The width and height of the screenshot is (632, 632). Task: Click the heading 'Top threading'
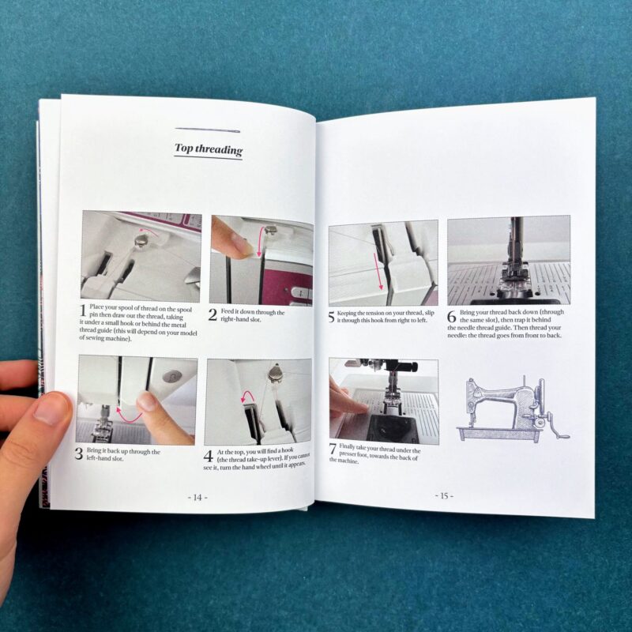(x=209, y=149)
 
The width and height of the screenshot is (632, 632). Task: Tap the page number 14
(x=197, y=498)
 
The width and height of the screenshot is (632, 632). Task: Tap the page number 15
(x=444, y=496)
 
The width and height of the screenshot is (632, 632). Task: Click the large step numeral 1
(x=83, y=310)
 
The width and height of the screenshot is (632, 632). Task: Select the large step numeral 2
(x=213, y=315)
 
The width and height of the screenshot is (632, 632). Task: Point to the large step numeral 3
(x=79, y=453)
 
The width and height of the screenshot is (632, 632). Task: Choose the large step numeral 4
(x=208, y=457)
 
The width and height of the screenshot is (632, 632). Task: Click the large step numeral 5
(x=331, y=318)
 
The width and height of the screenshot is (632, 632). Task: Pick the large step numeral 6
(x=452, y=318)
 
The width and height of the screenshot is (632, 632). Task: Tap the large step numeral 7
(x=333, y=449)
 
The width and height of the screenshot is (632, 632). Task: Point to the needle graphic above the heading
(x=208, y=130)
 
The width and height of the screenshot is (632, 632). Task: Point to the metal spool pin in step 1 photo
(x=142, y=241)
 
